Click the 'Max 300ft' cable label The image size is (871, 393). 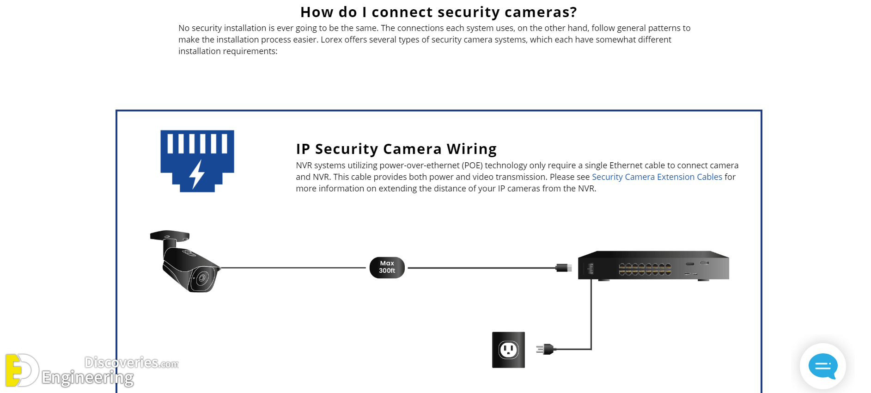tap(387, 267)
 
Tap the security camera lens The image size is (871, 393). tap(201, 278)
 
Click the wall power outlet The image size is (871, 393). tap(508, 350)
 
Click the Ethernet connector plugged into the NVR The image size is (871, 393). tap(563, 268)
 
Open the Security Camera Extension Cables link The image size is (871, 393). tap(657, 177)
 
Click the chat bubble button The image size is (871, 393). tap(822, 366)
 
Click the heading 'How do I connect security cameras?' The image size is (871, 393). tap(438, 12)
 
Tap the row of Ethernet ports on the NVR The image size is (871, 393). tap(645, 269)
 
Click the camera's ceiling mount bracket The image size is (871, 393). tap(170, 235)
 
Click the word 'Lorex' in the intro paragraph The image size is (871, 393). tap(331, 40)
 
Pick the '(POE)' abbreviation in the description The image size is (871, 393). tap(472, 166)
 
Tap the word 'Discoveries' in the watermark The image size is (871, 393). tap(121, 362)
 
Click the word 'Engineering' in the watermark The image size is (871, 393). tap(87, 378)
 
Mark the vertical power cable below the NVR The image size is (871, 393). tap(591, 314)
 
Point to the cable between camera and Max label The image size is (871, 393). tap(293, 268)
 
